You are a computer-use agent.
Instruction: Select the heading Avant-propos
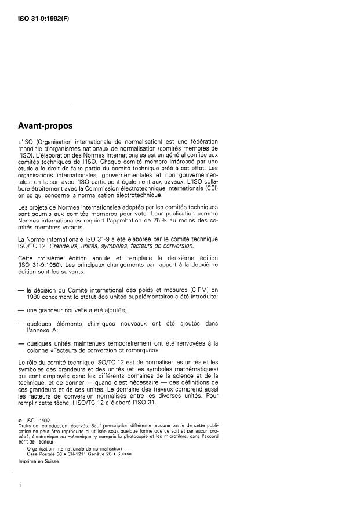50,126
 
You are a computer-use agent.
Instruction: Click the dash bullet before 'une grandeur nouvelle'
21,310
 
